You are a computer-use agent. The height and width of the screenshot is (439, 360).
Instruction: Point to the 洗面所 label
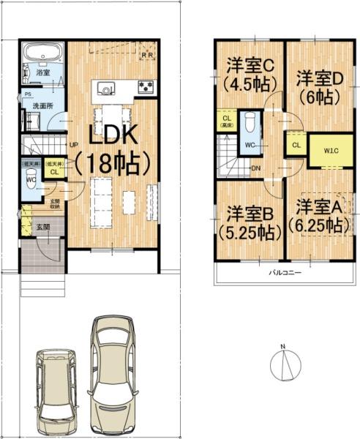click(40, 107)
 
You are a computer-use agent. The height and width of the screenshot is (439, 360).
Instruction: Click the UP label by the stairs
click(74, 144)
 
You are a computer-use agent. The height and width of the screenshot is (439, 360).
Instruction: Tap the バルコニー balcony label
click(280, 271)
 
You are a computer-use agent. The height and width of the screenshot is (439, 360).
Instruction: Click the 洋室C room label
click(247, 64)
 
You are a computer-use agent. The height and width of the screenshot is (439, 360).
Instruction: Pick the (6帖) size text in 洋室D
click(315, 96)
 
